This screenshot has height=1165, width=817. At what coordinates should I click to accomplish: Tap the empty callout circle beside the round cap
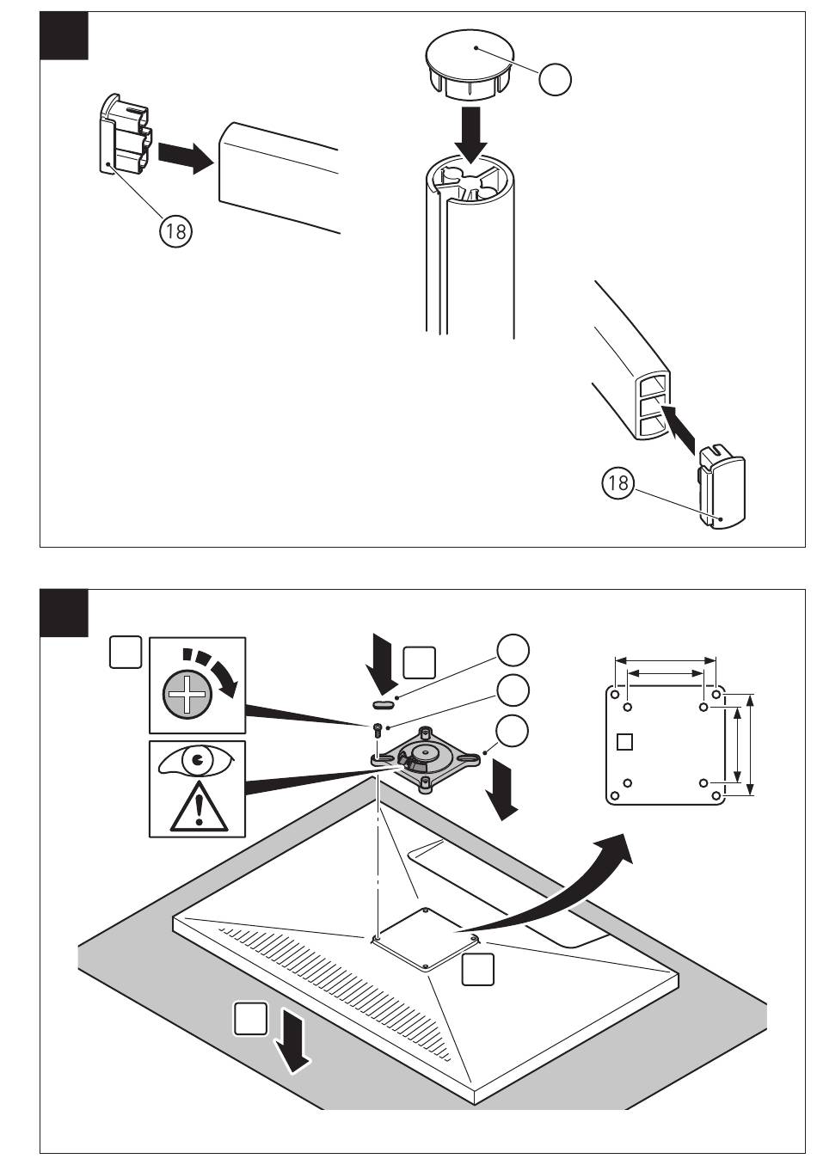556,80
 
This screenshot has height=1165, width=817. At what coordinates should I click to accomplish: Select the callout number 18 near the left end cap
175,231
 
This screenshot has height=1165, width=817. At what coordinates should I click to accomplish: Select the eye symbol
197,762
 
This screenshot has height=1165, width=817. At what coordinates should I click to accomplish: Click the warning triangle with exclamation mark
198,809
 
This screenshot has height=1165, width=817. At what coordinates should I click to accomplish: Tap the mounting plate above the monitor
426,757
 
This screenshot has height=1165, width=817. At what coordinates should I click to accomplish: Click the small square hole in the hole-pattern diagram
625,740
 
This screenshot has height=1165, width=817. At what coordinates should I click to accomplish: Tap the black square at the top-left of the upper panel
64,36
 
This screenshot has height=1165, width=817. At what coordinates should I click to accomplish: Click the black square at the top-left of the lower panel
64,612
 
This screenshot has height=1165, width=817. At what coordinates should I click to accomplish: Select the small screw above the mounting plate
378,731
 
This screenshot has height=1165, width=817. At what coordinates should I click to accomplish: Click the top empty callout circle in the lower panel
513,651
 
